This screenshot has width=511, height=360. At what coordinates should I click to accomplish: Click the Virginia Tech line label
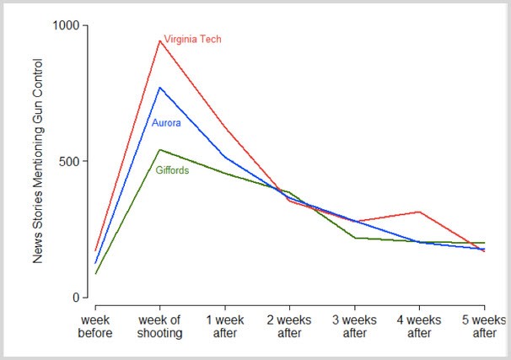192,40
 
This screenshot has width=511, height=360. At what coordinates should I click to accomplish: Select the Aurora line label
166,123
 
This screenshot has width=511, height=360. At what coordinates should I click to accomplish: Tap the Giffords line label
172,170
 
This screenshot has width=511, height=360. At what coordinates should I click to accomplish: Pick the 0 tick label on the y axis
78,298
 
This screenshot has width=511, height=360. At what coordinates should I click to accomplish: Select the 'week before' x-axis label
95,327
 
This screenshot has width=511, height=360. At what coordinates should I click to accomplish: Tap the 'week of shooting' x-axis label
160,327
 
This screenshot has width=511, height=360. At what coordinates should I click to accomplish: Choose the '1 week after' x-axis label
224,327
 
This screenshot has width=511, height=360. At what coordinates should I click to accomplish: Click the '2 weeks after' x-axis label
289,327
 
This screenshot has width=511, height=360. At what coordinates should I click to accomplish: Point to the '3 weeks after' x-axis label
354,327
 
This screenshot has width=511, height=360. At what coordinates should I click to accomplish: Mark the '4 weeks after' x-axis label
419,327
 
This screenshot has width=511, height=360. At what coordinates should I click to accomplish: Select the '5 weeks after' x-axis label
484,327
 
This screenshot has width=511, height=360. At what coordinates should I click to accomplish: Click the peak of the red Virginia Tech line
159,40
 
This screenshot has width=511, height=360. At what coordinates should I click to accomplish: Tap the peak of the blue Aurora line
159,87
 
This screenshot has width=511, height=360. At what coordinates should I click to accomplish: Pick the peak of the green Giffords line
159,150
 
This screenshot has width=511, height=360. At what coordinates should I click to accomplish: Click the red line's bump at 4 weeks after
419,212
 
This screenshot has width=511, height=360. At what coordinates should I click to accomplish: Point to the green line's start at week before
95,274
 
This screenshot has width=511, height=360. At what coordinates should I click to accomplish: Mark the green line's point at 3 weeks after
354,238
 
